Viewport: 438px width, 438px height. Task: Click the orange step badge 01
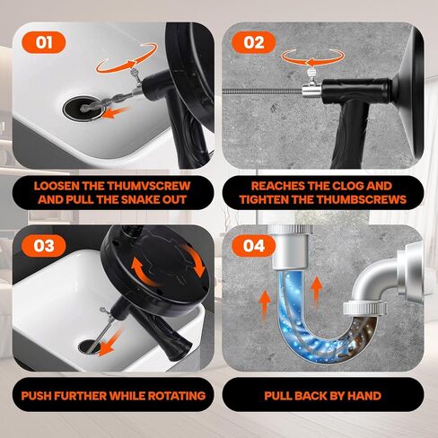(44, 42)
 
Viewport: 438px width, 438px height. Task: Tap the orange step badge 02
(254, 42)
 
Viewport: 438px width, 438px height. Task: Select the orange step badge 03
(44, 246)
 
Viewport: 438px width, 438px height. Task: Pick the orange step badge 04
(254, 246)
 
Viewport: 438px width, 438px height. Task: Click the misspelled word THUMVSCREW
(148, 186)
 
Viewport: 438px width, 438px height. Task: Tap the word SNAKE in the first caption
(136, 199)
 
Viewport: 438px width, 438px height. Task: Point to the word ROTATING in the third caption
(177, 396)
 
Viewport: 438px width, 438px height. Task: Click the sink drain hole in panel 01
(84, 109)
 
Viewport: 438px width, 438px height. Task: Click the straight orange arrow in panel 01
(115, 113)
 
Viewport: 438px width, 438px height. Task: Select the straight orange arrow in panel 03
(110, 341)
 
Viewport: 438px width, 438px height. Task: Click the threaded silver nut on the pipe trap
(364, 309)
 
